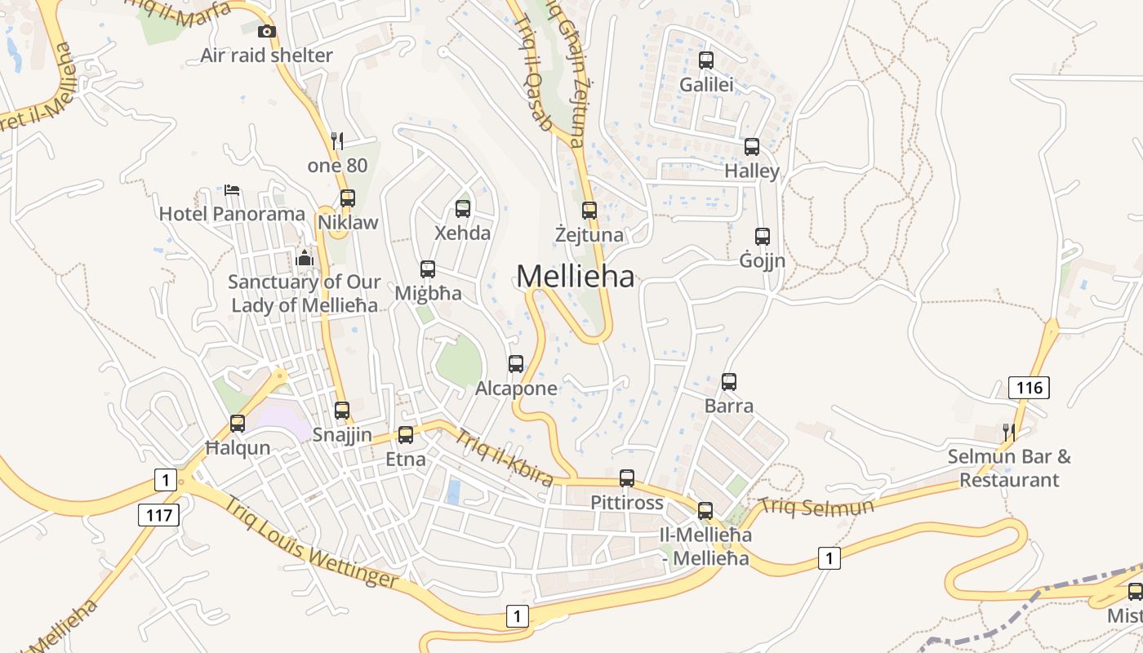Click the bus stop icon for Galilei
(706, 60)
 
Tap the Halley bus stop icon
(752, 147)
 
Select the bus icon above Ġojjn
(763, 237)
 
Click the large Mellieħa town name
(576, 277)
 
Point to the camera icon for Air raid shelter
(267, 32)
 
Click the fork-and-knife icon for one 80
(337, 141)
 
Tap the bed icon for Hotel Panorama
(232, 190)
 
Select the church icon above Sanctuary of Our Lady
(305, 259)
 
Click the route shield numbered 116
(1029, 388)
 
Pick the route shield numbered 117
(158, 515)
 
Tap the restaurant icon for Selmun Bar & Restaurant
(1009, 432)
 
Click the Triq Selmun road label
(816, 507)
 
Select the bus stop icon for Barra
(729, 381)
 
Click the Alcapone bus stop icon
(516, 364)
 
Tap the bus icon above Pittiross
(627, 478)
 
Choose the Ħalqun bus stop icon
(238, 424)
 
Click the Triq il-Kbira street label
(504, 457)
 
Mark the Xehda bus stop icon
(463, 209)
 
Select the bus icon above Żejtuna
(589, 211)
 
